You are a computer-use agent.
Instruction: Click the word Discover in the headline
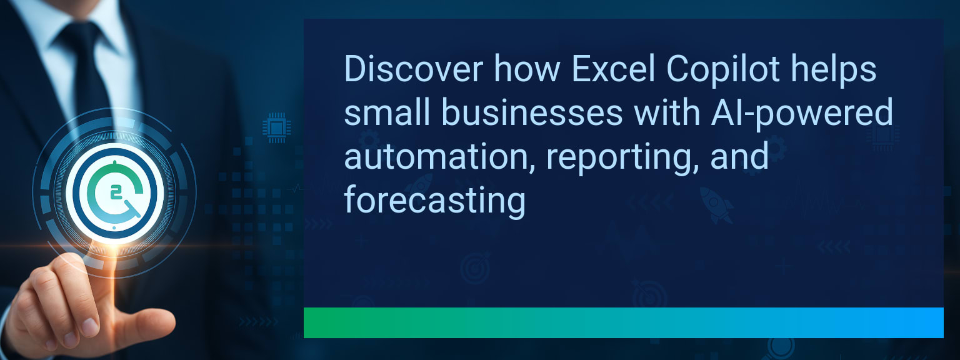[414, 69]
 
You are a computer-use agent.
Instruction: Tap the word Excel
[613, 69]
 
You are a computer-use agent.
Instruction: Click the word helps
[834, 71]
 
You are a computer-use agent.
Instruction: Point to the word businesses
[532, 112]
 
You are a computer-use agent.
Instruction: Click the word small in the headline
[387, 112]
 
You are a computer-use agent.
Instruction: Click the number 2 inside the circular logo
[115, 193]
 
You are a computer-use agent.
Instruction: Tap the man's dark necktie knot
[80, 36]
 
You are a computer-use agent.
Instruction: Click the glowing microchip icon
[276, 127]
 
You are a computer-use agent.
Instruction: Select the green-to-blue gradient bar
[624, 322]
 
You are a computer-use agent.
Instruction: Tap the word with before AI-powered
[666, 112]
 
